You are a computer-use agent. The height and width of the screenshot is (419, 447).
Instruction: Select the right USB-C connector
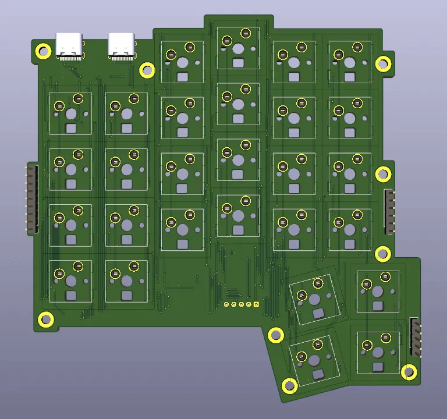click(122, 47)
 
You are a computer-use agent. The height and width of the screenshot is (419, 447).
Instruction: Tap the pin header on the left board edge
click(30, 199)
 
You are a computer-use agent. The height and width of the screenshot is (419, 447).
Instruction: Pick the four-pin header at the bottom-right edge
click(415, 337)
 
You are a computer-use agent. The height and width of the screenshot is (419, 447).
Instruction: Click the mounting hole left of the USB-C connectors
click(44, 51)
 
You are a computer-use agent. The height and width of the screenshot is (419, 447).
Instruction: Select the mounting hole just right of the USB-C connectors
click(147, 71)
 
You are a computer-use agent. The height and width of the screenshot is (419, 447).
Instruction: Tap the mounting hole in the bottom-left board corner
click(45, 319)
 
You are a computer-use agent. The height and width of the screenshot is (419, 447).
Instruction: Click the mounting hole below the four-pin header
click(409, 372)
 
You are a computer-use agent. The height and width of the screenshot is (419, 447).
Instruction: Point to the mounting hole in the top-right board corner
click(382, 65)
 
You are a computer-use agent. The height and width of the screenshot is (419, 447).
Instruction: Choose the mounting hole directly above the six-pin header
click(382, 173)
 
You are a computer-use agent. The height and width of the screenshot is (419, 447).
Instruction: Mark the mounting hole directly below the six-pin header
click(382, 253)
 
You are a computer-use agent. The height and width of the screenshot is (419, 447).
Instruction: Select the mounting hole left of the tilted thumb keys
click(275, 335)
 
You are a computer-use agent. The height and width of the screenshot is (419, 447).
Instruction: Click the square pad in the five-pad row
click(256, 304)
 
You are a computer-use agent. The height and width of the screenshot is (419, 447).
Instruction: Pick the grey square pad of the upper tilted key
click(318, 314)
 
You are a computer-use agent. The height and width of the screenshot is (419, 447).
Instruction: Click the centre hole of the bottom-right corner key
click(378, 351)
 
